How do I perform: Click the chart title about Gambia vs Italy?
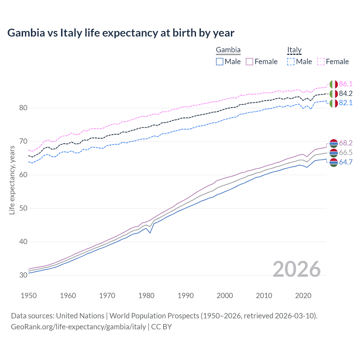(x=121, y=33)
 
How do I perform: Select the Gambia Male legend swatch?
(x=220, y=62)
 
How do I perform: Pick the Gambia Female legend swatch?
(x=249, y=62)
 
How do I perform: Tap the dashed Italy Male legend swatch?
(x=291, y=62)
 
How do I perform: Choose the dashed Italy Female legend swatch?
(x=321, y=62)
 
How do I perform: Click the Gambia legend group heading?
(x=228, y=50)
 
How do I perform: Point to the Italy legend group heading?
(x=294, y=50)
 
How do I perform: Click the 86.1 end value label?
(x=346, y=84)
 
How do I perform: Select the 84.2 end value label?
(x=346, y=93)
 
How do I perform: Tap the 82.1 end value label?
(x=346, y=103)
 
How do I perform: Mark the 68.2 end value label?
(x=346, y=143)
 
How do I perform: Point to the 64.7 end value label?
(x=346, y=162)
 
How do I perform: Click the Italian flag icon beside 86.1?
(x=334, y=84)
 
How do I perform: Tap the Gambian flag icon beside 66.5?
(x=334, y=153)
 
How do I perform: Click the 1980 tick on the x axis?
(x=147, y=296)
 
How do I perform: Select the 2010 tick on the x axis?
(x=264, y=296)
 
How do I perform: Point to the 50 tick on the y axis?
(x=23, y=208)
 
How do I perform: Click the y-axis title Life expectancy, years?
(x=12, y=180)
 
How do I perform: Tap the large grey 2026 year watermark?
(x=296, y=269)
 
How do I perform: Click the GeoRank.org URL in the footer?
(x=78, y=327)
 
